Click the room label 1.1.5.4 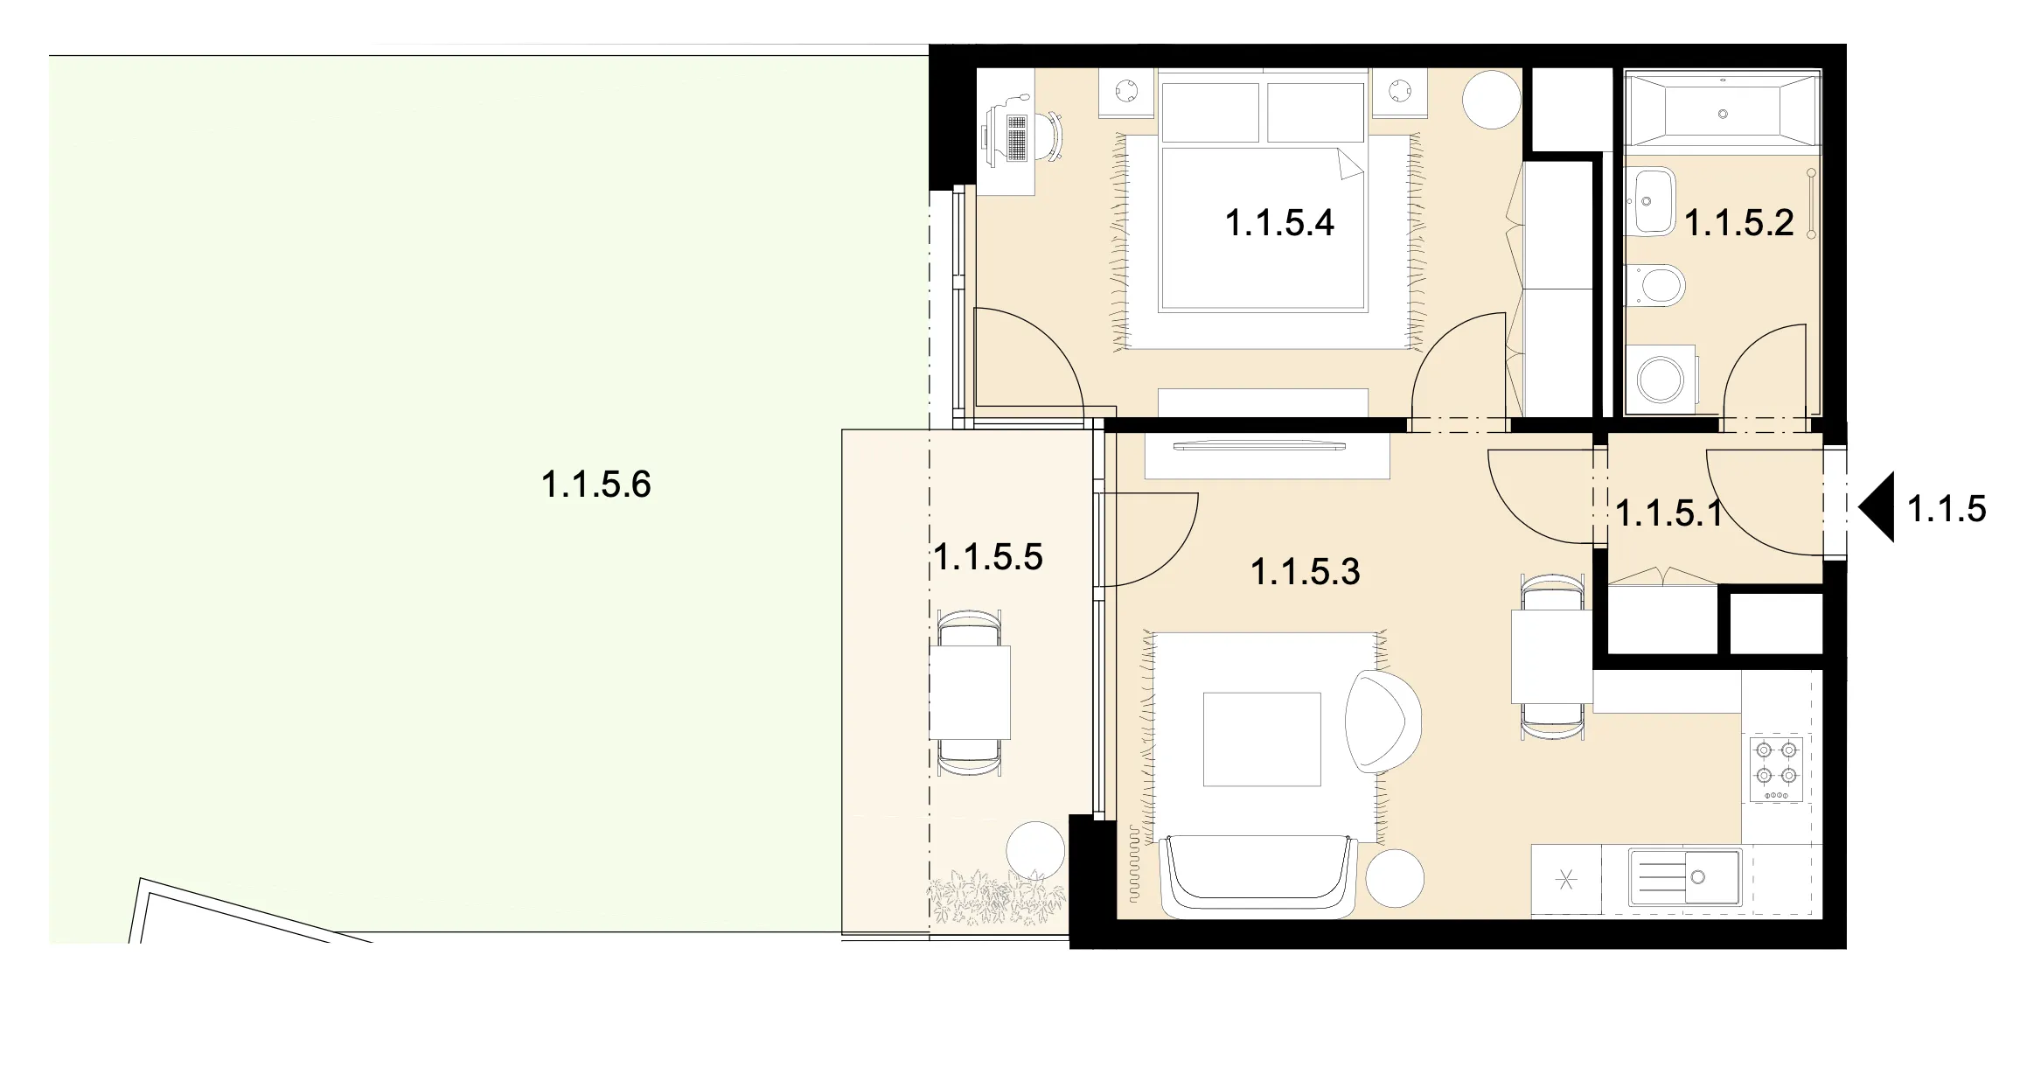(1279, 223)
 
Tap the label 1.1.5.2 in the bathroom (1738, 223)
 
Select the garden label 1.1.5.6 (596, 484)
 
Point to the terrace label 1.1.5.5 (988, 556)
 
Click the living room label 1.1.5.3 (1306, 572)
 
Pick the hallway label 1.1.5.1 (1668, 513)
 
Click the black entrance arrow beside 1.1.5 (1877, 507)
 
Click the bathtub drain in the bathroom (1723, 114)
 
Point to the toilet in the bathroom (1654, 285)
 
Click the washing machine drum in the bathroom (1660, 380)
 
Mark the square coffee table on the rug (1262, 739)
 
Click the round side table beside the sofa (1395, 878)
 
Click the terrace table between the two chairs (970, 692)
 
